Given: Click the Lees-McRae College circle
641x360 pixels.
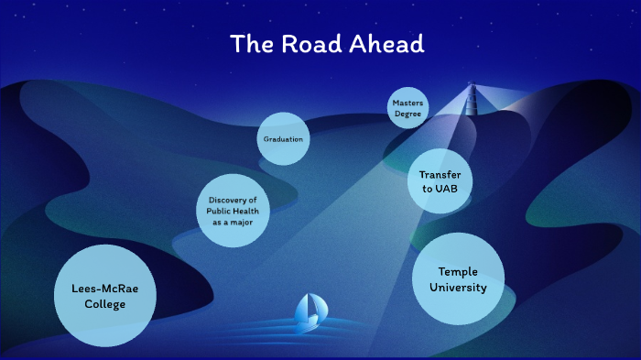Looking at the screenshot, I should (99, 296).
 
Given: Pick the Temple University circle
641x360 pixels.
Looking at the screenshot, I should (458, 279).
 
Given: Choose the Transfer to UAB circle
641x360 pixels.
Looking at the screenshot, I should (440, 181).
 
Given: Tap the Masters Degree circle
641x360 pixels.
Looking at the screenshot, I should (407, 108).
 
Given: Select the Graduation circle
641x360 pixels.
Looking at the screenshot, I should (283, 139).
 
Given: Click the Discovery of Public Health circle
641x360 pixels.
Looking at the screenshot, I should (233, 211).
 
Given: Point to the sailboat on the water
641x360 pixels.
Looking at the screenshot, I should (308, 312).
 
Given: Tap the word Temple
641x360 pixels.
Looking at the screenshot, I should (458, 272).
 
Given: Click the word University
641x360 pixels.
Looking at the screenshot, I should (458, 288).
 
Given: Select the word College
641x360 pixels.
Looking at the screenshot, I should (99, 304).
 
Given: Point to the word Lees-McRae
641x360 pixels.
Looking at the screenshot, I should (99, 289).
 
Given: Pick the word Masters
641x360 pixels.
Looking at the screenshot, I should (407, 103).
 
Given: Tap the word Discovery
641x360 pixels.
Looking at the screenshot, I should (233, 201).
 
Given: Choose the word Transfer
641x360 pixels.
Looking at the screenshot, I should (440, 174).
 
